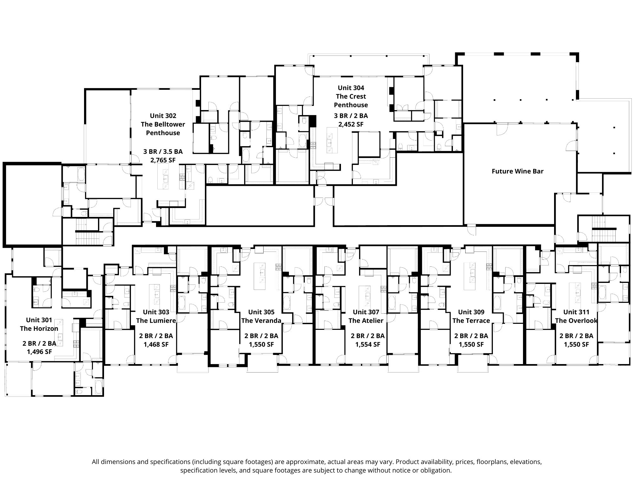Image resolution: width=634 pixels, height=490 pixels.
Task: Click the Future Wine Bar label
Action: [x=517, y=171]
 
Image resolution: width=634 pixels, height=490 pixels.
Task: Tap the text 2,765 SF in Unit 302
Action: [x=163, y=160]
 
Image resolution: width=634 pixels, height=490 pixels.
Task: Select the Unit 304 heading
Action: [x=351, y=88]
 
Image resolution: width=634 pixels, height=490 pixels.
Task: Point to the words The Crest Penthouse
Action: [x=351, y=101]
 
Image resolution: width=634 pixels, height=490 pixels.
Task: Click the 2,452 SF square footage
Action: [x=351, y=124]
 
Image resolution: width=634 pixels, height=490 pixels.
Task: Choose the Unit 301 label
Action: [x=39, y=320]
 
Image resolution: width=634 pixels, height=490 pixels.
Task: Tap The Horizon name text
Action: [x=39, y=329]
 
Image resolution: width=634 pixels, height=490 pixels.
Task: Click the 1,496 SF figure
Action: [x=39, y=352]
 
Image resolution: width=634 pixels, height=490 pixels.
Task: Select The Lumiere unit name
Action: [x=156, y=321]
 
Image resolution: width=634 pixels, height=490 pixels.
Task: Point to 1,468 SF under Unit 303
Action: [x=156, y=344]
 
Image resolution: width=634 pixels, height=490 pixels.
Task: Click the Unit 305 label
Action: [x=261, y=312]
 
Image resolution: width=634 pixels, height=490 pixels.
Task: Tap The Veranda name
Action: [x=261, y=321]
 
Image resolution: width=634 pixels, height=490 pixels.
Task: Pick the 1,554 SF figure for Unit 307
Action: [x=367, y=344]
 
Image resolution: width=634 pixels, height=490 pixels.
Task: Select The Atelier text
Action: [x=366, y=321]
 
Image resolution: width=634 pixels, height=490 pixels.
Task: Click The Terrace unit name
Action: [x=471, y=321]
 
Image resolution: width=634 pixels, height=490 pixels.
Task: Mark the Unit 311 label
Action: [x=576, y=312]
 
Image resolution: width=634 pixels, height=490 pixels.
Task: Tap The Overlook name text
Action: [x=576, y=321]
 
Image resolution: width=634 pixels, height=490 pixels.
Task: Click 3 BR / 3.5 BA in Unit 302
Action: [x=163, y=152]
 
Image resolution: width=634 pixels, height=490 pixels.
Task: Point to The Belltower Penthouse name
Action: [x=163, y=128]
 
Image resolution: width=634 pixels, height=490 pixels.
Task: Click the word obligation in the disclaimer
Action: [x=436, y=470]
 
